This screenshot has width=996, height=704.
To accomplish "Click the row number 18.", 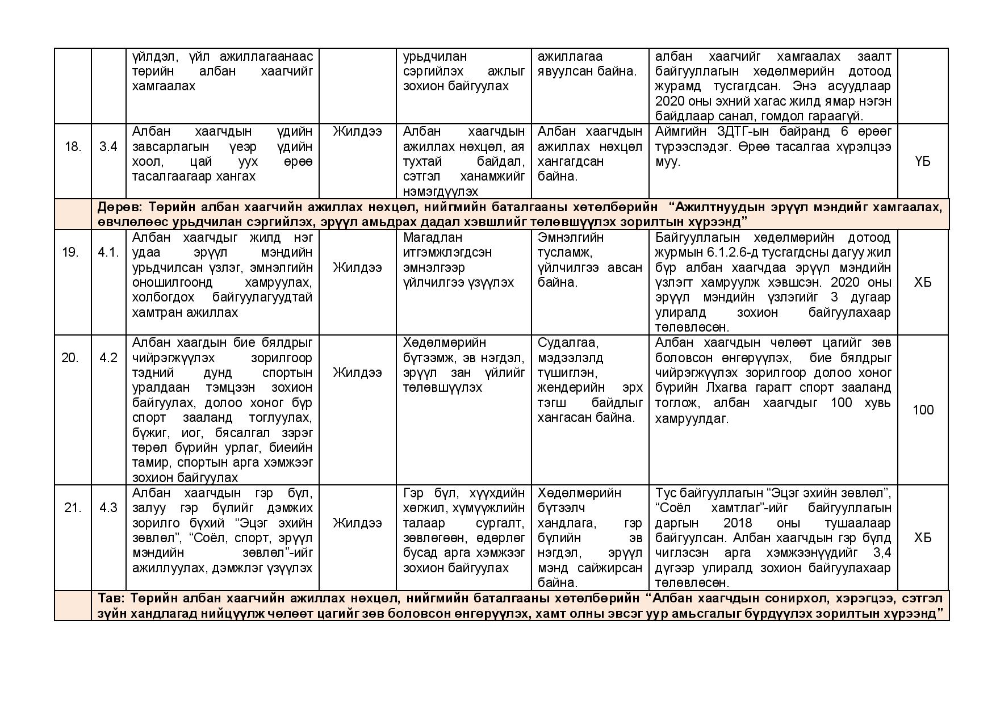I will click(73, 146).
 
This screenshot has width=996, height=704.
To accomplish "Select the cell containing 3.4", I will click(108, 146).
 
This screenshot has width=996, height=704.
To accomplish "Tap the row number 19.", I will click(70, 252).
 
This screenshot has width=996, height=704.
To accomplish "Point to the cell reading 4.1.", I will click(108, 252).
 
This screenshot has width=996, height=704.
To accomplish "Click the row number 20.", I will click(70, 358).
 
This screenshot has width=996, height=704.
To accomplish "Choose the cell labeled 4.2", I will click(108, 358).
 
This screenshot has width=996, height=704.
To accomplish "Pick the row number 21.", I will click(73, 508).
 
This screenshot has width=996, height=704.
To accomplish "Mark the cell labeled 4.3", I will click(108, 508).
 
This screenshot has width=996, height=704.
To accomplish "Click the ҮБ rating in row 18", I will click(923, 161).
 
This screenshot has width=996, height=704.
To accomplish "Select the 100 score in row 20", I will click(923, 410).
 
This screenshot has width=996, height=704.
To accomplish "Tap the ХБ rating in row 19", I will click(923, 282).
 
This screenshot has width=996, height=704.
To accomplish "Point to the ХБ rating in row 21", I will click(923, 538).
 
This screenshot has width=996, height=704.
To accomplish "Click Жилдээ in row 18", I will click(357, 132).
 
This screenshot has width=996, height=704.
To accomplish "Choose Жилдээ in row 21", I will click(357, 523).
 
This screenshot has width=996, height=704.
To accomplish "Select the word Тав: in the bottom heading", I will click(111, 598).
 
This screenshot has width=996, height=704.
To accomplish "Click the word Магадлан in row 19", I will click(433, 237).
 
